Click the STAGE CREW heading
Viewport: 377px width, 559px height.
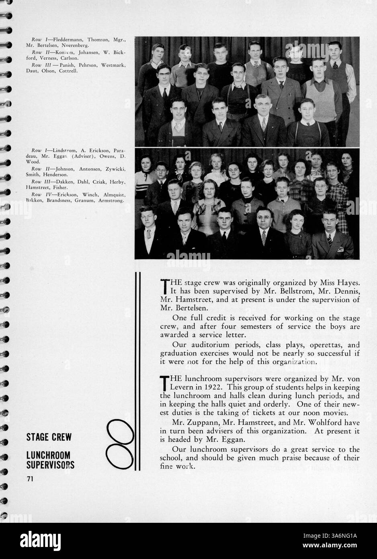point(48,437)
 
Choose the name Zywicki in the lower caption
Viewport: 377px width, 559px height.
point(115,169)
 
